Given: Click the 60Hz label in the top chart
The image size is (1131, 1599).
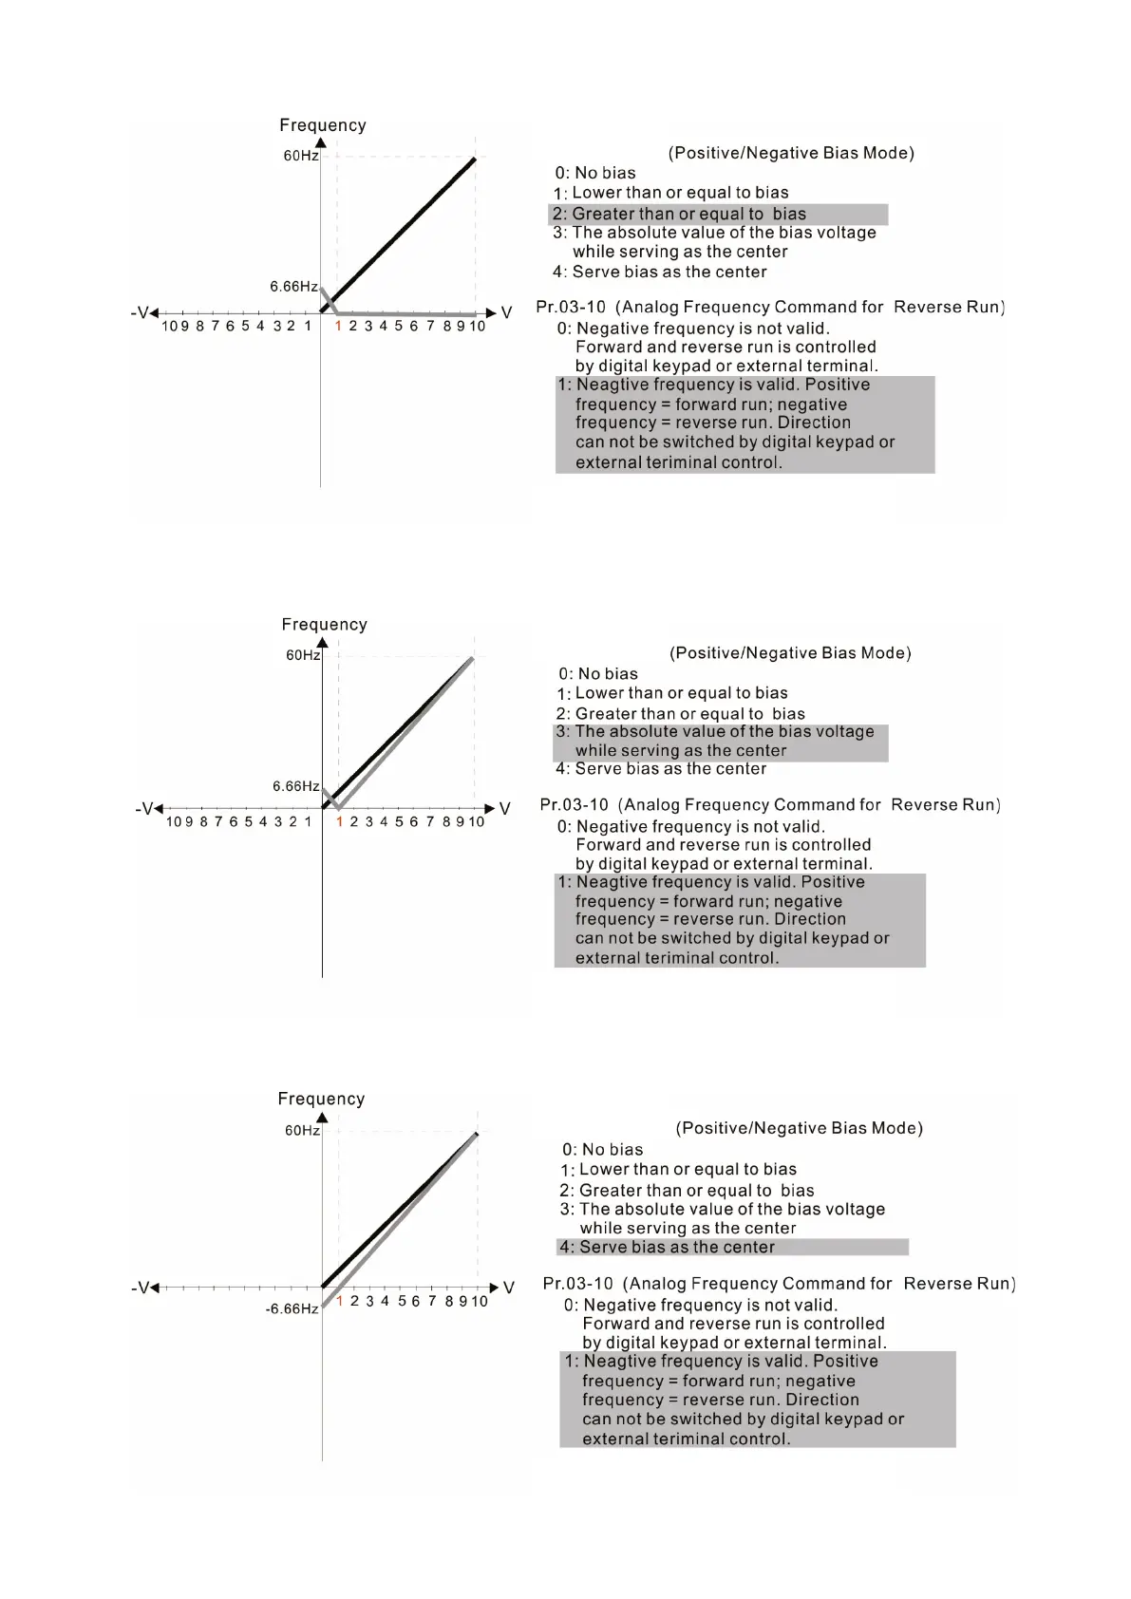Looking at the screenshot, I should point(301,156).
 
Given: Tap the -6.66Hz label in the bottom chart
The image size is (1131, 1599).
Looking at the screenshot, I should point(292,1309).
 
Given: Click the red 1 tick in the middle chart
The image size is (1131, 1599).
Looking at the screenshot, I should point(339,821).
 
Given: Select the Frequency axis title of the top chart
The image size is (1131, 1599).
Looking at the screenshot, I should point(322,125).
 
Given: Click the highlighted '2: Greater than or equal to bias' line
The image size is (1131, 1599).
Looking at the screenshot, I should point(679,214).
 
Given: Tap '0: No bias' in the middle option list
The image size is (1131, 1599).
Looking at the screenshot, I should point(598,673).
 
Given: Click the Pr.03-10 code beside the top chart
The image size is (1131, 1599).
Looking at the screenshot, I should point(571,307).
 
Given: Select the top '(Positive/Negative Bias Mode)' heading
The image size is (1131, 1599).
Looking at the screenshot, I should point(791,153).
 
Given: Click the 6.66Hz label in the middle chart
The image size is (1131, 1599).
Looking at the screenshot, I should point(295,786).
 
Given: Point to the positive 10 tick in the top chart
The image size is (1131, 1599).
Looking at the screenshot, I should point(477,327).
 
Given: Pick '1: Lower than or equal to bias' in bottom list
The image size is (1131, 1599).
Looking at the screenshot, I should point(679,1170).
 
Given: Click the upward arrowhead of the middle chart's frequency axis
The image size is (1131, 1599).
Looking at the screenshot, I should point(322,644).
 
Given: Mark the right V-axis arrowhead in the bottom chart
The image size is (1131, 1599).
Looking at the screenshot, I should point(494,1288).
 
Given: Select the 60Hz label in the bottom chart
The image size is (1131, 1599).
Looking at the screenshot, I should point(302,1131).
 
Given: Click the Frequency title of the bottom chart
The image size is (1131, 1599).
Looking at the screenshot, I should point(321,1099).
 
